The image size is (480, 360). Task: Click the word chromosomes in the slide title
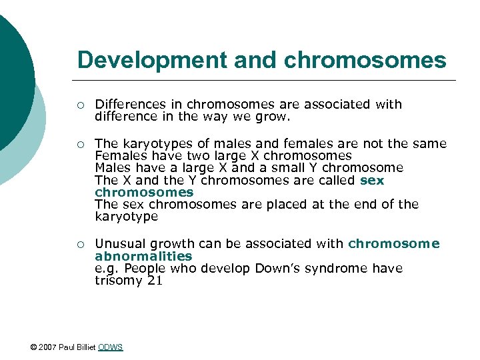(x=365, y=60)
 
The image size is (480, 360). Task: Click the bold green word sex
(x=372, y=180)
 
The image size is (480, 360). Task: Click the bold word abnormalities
(x=143, y=256)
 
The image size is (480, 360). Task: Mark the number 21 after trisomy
(x=154, y=280)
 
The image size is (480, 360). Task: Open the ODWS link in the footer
(x=110, y=347)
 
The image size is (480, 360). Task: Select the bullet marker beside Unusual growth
(x=79, y=244)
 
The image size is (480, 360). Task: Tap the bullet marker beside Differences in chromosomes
(x=79, y=105)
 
